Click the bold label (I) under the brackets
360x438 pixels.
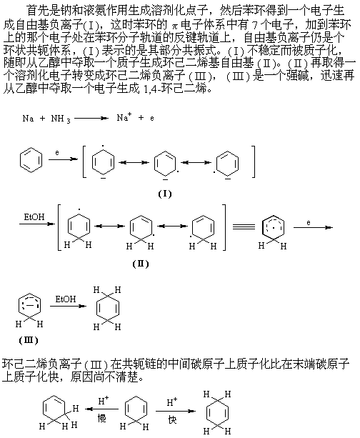165,194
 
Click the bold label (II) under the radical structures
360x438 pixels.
141,264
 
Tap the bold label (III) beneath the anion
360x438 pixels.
28,340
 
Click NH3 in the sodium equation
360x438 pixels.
61,119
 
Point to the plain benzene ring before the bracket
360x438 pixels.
31,160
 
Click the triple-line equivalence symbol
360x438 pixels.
244,227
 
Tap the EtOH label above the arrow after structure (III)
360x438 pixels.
66,299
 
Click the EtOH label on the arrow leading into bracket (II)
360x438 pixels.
34,217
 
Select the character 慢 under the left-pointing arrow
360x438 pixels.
102,419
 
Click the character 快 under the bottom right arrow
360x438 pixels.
173,419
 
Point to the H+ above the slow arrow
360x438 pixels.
104,401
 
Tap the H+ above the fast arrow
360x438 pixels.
171,402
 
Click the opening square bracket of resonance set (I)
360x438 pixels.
84,161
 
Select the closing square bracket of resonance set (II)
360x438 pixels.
224,227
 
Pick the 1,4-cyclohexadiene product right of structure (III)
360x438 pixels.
107,309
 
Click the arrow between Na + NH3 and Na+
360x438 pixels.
91,118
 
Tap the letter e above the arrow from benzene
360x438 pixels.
57,152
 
